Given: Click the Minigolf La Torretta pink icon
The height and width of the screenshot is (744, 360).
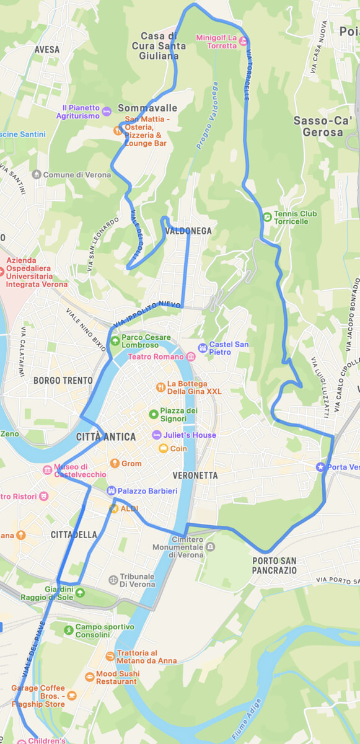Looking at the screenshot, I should point(244,42).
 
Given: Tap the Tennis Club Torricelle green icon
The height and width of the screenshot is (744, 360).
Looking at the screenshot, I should point(266,217).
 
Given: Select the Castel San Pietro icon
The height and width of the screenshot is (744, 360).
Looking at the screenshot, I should point(202,348).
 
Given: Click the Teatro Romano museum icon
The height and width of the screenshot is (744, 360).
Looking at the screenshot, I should point(190,356).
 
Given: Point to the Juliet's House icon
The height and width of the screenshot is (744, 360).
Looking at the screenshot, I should point(157,435).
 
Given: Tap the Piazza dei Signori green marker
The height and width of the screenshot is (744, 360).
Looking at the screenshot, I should point(153,414).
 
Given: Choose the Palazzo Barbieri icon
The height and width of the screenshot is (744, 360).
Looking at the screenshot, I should point(112,491).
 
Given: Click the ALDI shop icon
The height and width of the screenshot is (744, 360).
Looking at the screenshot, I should point(114,508).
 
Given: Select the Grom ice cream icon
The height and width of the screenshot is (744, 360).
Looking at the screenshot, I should point(114,463).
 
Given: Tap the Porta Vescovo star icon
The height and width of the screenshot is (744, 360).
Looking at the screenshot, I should point(320,467).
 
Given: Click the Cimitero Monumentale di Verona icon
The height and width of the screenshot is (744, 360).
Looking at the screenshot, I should point(211,546).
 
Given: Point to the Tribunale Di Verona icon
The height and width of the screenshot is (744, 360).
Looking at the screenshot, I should point(113,580).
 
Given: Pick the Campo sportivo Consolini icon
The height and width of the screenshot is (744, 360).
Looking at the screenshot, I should point(68,631).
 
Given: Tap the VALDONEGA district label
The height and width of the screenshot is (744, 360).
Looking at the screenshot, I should point(188,231).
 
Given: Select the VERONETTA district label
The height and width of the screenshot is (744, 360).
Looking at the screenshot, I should point(196,476).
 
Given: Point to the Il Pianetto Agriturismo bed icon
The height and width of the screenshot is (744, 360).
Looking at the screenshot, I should point(107,112).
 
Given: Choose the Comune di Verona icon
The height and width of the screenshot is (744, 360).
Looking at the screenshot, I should point(36,175).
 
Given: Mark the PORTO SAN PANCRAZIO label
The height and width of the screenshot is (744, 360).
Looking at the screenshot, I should point(274,565).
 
